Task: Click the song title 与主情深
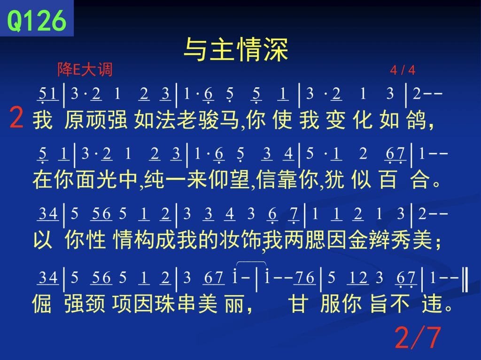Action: [x=236, y=49]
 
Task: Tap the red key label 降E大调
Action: [x=85, y=69]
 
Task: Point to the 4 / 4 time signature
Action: [x=403, y=70]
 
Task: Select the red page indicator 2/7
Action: [x=418, y=337]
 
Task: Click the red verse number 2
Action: [x=16, y=117]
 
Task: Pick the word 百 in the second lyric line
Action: [x=388, y=179]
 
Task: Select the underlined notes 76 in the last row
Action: [x=304, y=278]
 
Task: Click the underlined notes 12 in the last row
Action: [x=358, y=278]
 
